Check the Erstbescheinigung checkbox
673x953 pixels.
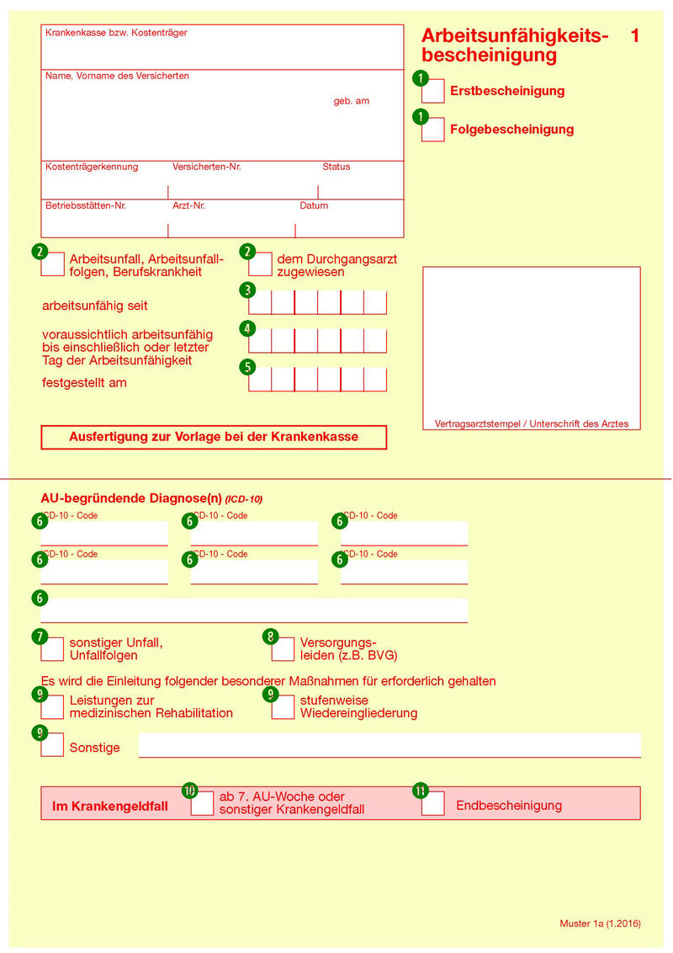433,91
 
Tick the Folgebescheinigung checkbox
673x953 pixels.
433,130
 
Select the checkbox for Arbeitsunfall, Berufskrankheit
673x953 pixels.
52,264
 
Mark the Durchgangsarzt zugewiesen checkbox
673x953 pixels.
261,264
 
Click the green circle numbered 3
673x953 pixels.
247,290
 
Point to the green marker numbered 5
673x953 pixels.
247,367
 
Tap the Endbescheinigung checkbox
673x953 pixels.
433,804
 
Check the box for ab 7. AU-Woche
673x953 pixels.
203,804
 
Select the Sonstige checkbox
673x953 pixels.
52,745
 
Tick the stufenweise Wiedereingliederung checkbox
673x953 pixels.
284,707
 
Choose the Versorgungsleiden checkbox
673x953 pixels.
284,649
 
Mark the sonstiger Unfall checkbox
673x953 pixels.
52,649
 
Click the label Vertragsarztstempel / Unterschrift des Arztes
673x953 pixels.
531,423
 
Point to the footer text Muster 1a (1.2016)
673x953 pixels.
600,924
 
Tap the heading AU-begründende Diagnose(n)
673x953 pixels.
131,498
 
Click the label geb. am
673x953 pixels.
351,101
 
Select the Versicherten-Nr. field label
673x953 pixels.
206,167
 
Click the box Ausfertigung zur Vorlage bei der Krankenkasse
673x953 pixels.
214,437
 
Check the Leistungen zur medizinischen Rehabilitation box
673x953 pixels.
52,707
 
